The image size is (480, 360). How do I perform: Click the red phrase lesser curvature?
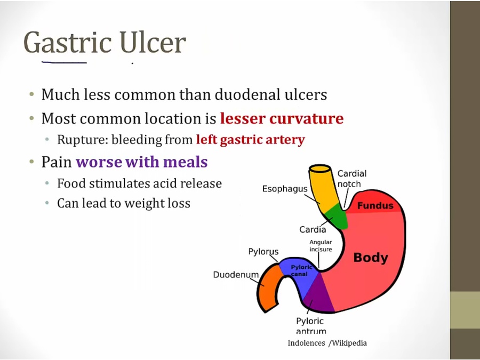coord(282,118)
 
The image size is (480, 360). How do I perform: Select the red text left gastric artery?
coord(251,140)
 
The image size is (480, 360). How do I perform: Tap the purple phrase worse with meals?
coord(142,162)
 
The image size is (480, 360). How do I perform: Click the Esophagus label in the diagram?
coord(285,189)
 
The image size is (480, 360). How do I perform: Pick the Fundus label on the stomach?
coord(375,205)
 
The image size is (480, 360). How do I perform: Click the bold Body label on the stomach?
coord(371,258)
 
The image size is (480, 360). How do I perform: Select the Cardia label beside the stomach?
coord(313,229)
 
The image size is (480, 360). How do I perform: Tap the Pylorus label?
coord(263,252)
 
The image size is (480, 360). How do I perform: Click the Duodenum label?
coord(236,275)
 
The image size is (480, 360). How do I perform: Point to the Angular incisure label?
coord(321,245)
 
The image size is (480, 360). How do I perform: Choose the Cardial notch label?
coord(352,179)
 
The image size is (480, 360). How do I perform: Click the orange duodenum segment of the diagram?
coord(268,288)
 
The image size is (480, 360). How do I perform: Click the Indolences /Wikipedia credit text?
coord(327,343)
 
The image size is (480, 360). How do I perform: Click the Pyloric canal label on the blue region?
coord(301,270)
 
